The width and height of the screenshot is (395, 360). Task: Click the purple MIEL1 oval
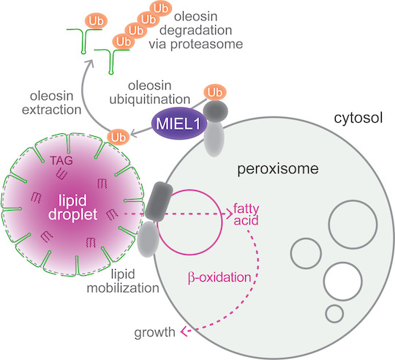pos(178,124)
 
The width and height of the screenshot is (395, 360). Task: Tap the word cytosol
pos(358,118)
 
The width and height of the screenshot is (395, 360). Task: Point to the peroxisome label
pos(278,169)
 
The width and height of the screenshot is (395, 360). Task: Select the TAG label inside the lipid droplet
pos(61,160)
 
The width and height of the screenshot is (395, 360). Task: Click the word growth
pos(154,333)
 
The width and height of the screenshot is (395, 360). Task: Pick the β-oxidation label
pos(219,278)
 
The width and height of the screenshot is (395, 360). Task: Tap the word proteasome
pos(206,45)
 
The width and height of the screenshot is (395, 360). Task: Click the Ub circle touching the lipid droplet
pos(118,138)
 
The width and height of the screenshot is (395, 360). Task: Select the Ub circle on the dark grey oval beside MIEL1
pos(215,92)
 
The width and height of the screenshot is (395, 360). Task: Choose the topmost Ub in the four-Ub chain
pos(161,9)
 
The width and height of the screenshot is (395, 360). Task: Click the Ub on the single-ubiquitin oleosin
pos(97,21)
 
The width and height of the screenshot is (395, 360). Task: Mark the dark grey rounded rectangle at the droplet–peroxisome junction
pos(159,201)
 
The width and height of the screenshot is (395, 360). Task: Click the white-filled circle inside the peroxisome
pos(343,282)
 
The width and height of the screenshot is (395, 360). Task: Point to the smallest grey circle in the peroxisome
pos(334,314)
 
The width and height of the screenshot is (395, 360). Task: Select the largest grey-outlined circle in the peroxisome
pos(353,225)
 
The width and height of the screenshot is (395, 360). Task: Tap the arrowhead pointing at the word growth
pos(184,331)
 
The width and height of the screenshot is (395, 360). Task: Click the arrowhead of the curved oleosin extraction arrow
pos(89,63)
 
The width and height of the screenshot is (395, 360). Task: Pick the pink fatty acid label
pos(246,214)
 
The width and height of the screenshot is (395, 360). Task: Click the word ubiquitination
pos(150,100)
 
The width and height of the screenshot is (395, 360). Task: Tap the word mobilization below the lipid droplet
pos(123,288)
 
